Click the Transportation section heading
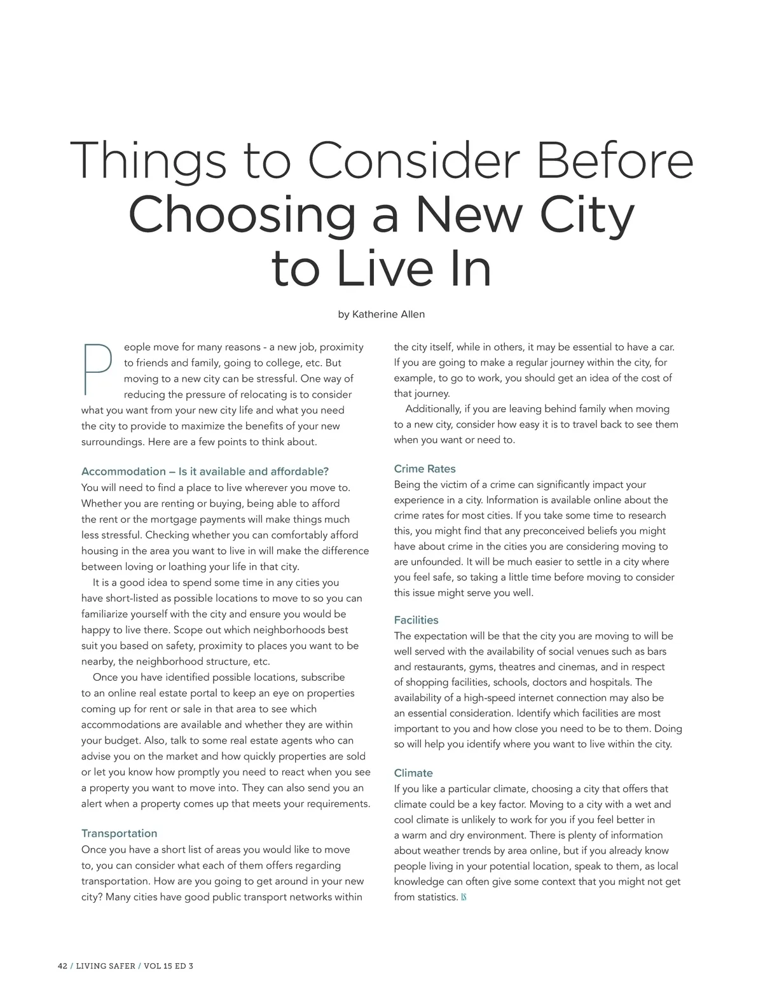point(119,833)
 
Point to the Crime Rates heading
point(425,469)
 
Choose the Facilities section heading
point(416,620)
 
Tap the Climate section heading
point(413,773)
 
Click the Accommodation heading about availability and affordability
point(205,471)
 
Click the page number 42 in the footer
point(62,966)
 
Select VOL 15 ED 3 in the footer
point(168,966)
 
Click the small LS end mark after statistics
point(464,898)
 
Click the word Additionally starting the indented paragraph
point(434,409)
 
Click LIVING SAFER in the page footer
point(106,966)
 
